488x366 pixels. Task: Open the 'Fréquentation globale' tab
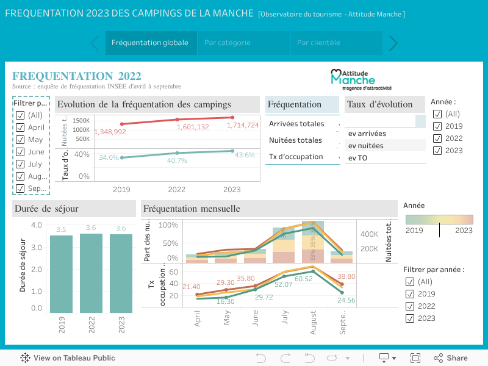[x=150, y=43]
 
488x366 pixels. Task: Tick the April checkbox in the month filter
[x=20, y=127]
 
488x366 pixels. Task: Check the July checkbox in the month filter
[x=20, y=164]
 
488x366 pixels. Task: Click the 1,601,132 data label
[x=193, y=127]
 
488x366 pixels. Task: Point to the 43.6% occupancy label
[x=245, y=156]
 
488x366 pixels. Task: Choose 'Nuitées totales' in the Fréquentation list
[x=295, y=140]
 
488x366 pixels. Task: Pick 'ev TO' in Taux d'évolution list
[x=358, y=158]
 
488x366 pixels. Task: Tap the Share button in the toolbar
[x=451, y=358]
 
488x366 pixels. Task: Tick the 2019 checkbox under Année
[x=437, y=126]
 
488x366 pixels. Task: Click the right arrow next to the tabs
[x=393, y=43]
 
